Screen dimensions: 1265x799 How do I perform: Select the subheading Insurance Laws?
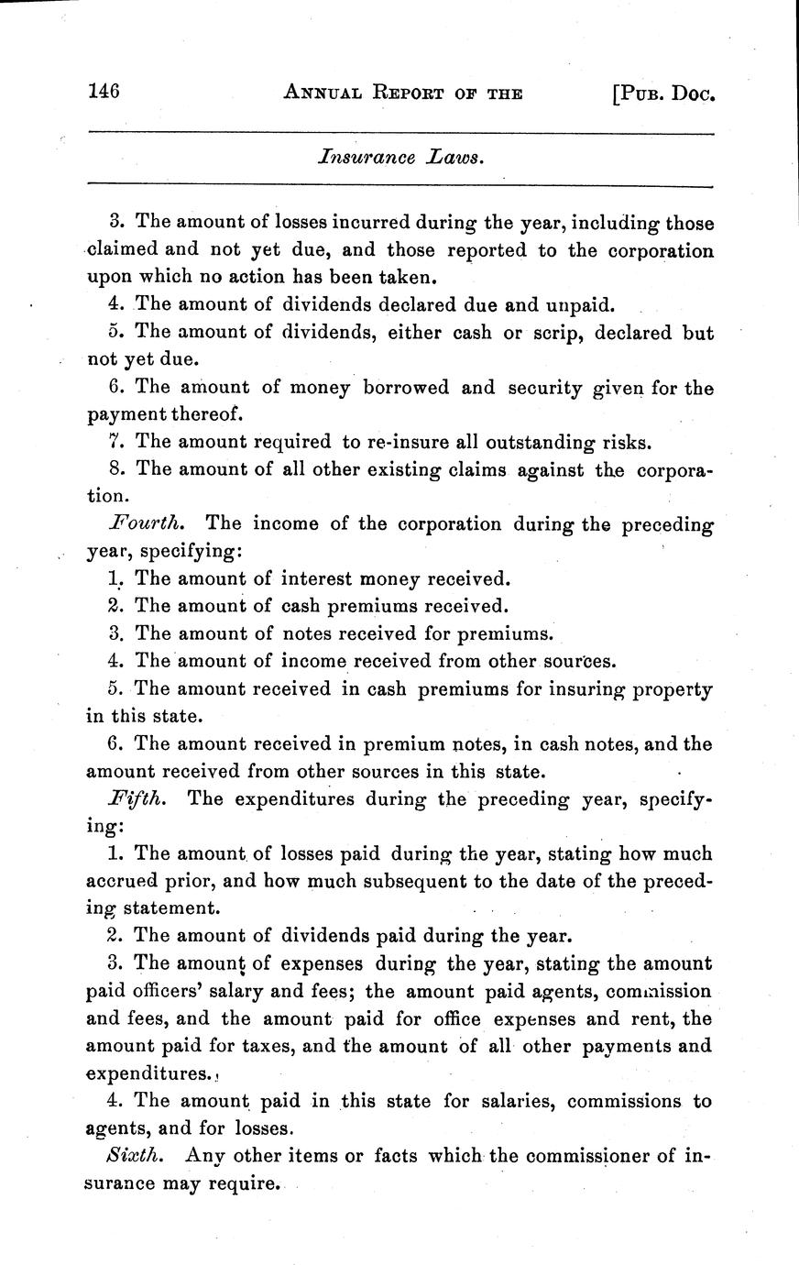click(x=399, y=157)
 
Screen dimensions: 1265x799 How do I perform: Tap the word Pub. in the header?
click(x=638, y=92)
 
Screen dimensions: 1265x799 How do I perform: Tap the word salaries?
click(x=501, y=1101)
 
